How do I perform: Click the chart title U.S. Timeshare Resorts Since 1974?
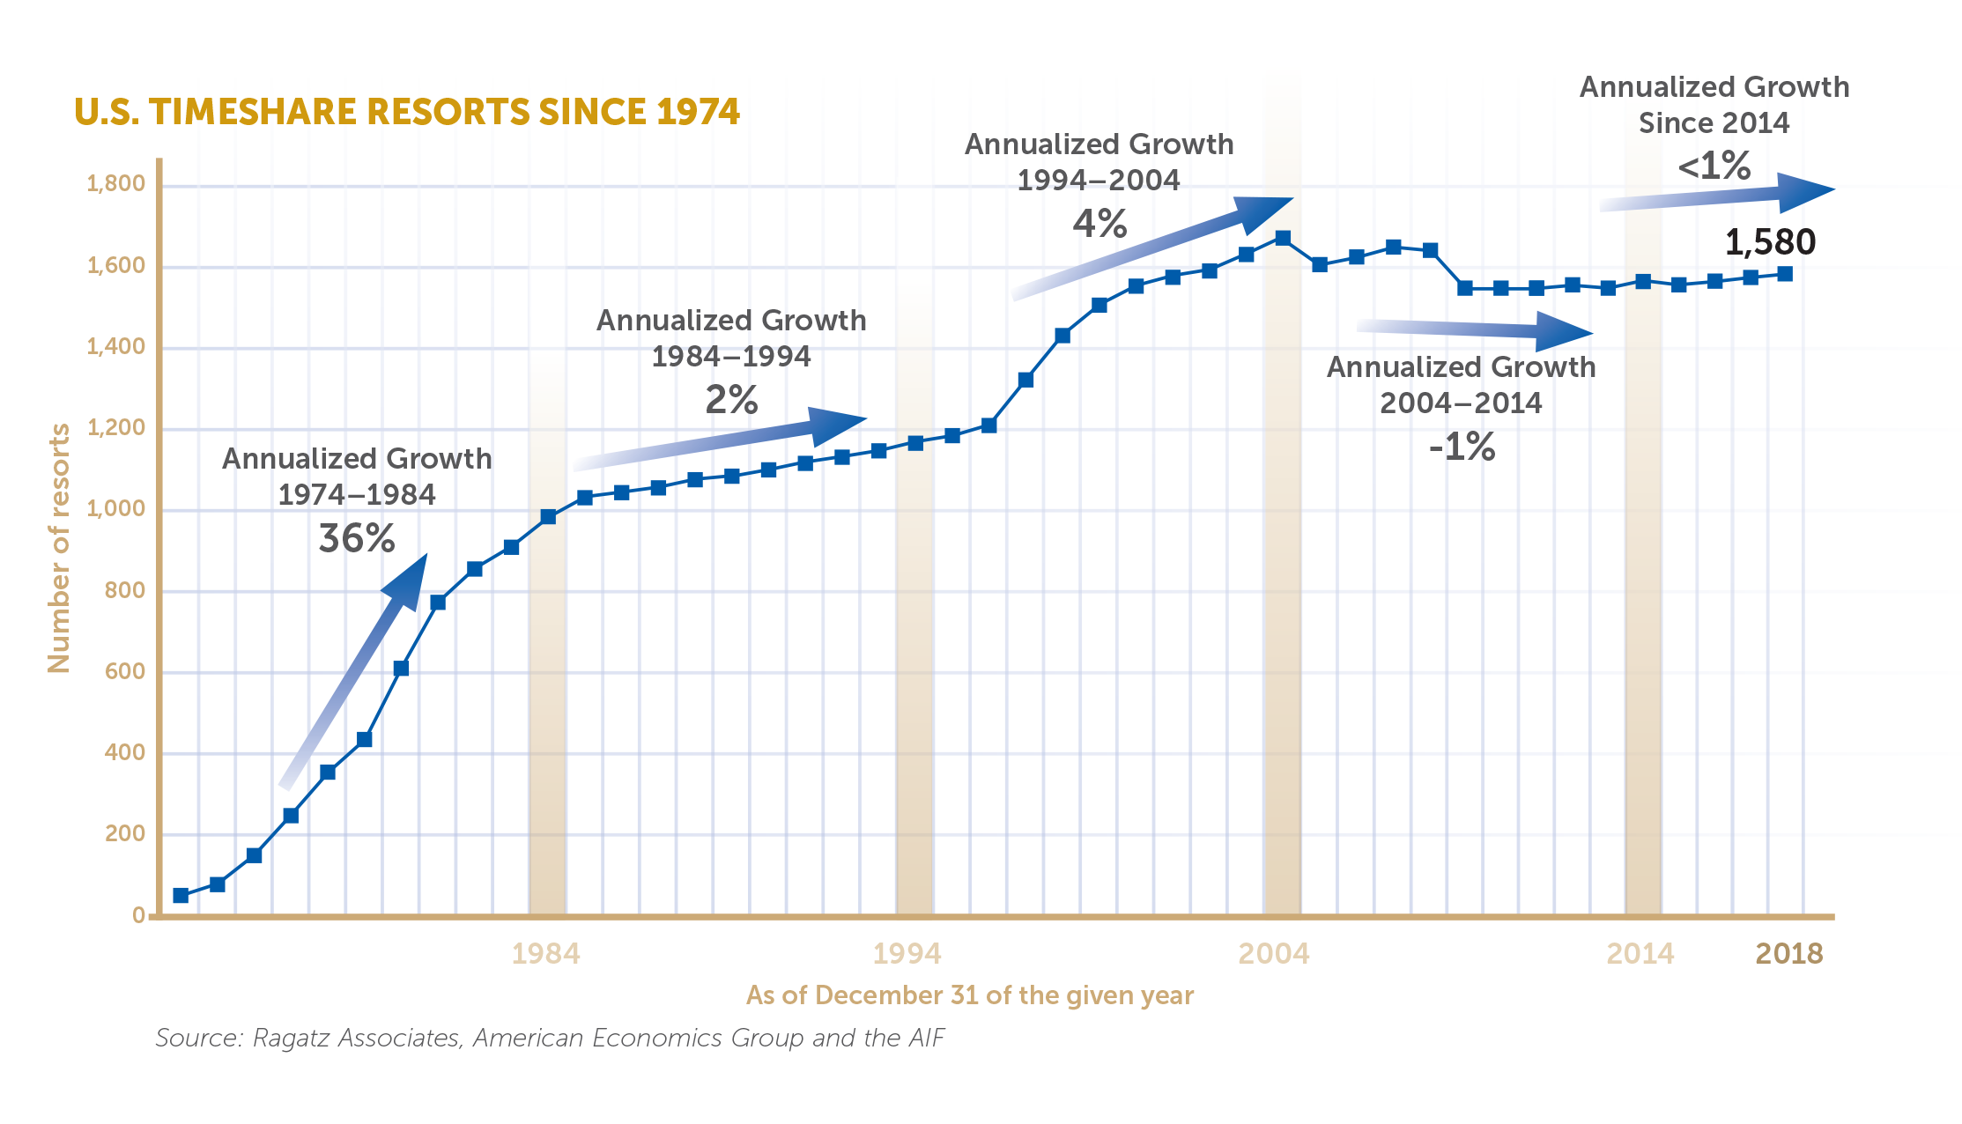(406, 112)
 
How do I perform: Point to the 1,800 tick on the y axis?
(115, 184)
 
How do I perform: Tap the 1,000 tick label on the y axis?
(115, 509)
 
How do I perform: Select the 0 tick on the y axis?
(138, 915)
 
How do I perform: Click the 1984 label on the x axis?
(546, 954)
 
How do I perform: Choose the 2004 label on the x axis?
(1274, 954)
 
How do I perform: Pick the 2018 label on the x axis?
(1789, 954)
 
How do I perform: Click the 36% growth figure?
(357, 539)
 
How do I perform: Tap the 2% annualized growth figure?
(731, 401)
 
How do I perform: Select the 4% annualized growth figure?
(1099, 224)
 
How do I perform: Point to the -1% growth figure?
(1462, 447)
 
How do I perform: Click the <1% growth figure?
(1714, 166)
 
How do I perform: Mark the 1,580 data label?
(1770, 242)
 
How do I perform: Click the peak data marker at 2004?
(1283, 239)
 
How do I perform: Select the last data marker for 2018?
(1785, 274)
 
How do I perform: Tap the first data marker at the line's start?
(181, 896)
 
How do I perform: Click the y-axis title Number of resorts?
(59, 548)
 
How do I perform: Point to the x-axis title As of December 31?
(969, 995)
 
